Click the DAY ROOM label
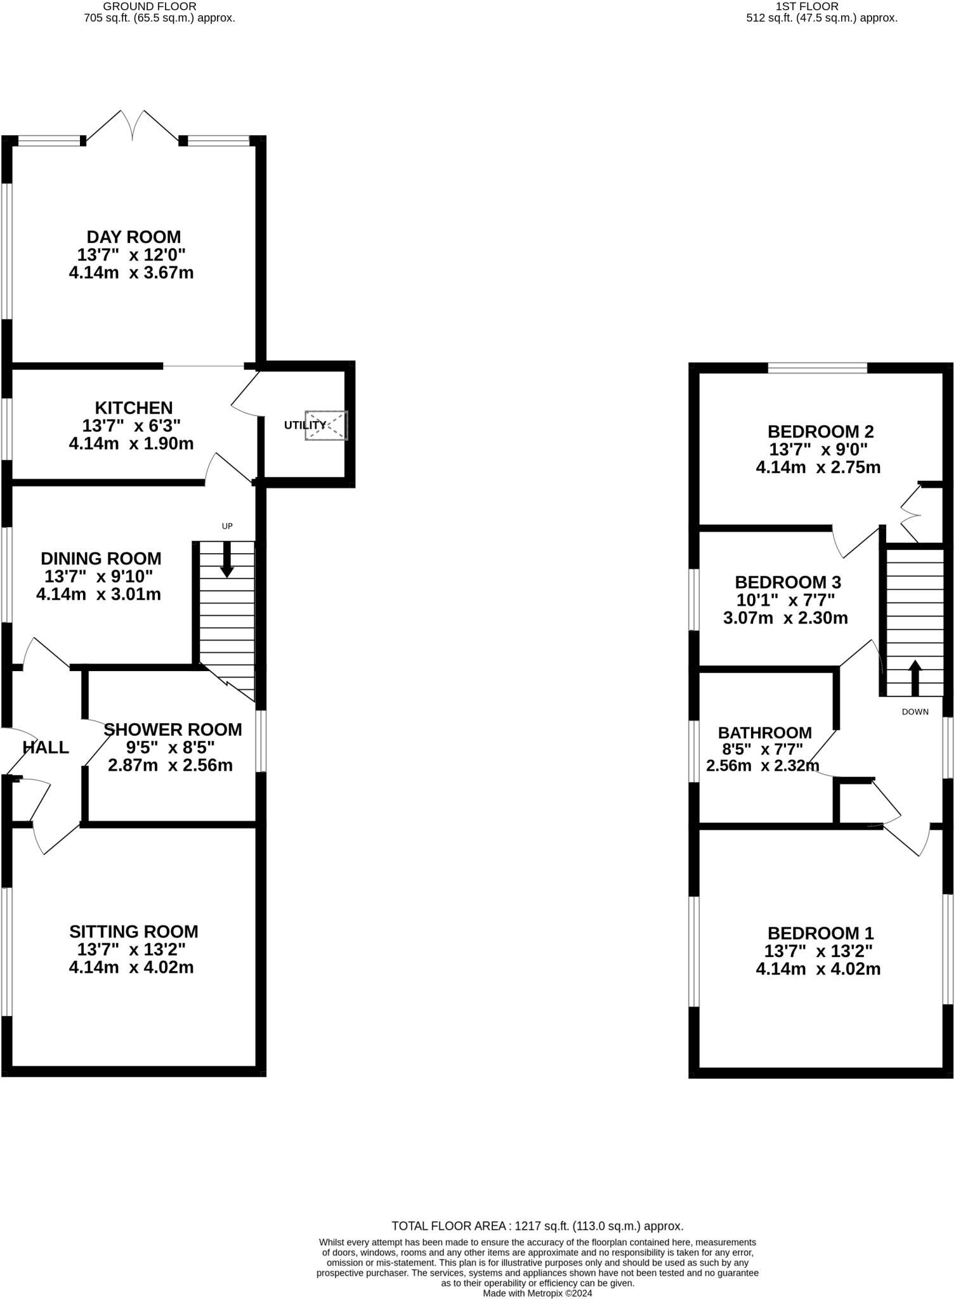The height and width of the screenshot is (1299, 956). (x=133, y=237)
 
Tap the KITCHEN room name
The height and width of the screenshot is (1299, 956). (x=133, y=408)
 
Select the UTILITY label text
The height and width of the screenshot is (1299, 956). (x=304, y=425)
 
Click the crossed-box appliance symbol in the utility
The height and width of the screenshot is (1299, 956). (x=327, y=425)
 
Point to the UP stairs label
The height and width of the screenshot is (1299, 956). (x=226, y=526)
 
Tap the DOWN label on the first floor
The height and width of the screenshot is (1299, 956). (x=915, y=712)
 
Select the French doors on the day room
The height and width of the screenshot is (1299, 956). (x=133, y=126)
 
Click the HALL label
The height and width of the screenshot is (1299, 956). (x=46, y=747)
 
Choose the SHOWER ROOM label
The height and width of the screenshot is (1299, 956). (x=173, y=729)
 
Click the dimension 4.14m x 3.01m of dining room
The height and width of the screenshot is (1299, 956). (x=98, y=594)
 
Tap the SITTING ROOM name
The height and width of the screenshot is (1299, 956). (x=133, y=931)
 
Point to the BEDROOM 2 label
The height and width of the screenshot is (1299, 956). (x=820, y=432)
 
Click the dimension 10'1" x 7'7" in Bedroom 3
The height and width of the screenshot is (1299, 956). (x=785, y=600)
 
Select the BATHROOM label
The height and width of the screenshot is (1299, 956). (x=764, y=733)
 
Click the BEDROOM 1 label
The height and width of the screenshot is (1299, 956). (x=820, y=933)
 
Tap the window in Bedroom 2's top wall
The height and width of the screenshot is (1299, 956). (x=817, y=368)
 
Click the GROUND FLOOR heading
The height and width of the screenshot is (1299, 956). (x=150, y=6)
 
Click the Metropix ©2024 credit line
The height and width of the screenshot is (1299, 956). (x=537, y=1293)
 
